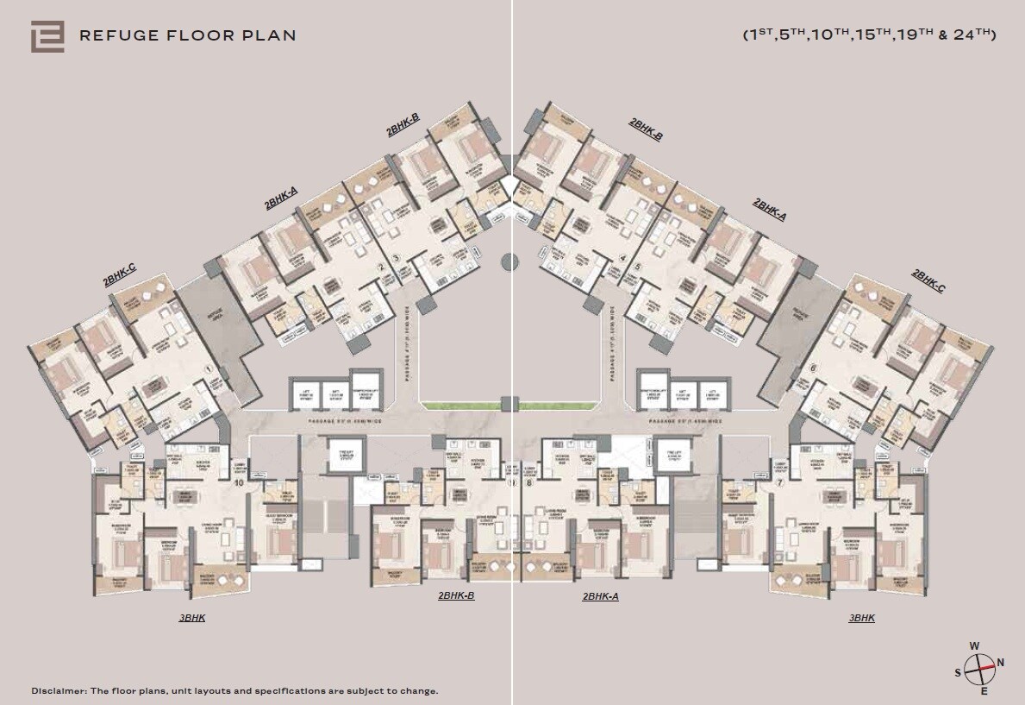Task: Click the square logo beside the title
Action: pos(47,36)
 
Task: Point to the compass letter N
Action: pos(1001,663)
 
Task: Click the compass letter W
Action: pos(974,645)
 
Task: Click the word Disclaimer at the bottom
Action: pos(59,691)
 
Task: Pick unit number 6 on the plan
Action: pos(812,368)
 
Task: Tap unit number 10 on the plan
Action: pos(238,483)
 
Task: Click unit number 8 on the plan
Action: pos(528,483)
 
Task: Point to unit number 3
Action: pos(396,257)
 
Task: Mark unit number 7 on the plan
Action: pos(778,483)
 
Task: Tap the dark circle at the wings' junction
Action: pos(509,259)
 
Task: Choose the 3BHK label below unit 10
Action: pos(192,618)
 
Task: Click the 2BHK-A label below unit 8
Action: pos(601,596)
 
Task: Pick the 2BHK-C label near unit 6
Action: pos(928,281)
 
